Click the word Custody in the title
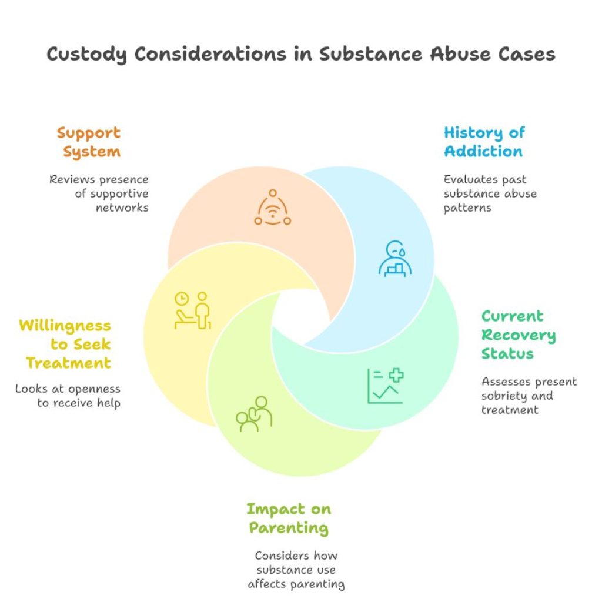coord(86,55)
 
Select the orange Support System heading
coord(88,142)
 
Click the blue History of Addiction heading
coord(484,142)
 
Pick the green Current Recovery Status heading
coord(518,335)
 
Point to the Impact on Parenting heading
coord(288,518)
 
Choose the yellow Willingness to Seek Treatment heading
coord(65,344)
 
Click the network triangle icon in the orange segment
coord(273,208)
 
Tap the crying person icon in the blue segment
coord(394,259)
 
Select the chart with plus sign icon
coord(386,386)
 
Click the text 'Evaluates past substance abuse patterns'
coord(490,193)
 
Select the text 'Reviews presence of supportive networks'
coord(100,193)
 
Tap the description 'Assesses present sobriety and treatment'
coord(529,396)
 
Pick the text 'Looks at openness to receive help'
coord(69,396)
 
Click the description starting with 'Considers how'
coord(296,570)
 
